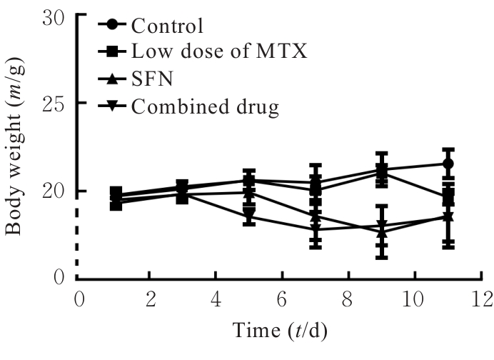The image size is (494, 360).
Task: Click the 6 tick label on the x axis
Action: click(x=282, y=297)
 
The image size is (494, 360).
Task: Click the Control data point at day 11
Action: click(x=448, y=164)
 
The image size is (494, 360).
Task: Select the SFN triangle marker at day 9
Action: click(x=381, y=232)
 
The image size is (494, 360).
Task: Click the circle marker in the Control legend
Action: click(x=114, y=26)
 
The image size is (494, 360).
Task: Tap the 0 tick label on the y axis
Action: click(x=60, y=279)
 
